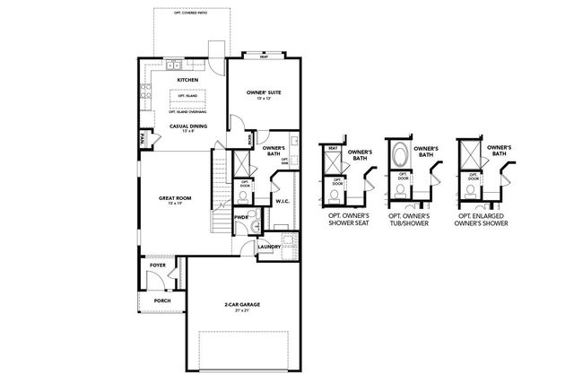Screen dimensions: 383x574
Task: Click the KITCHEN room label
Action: pos(187,80)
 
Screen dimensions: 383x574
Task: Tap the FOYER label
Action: pos(158,265)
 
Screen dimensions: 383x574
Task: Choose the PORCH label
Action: pos(162,300)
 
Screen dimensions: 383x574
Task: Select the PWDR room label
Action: pos(240,217)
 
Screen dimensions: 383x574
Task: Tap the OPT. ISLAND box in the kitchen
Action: pos(187,95)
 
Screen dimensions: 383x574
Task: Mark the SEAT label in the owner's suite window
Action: pos(264,56)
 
